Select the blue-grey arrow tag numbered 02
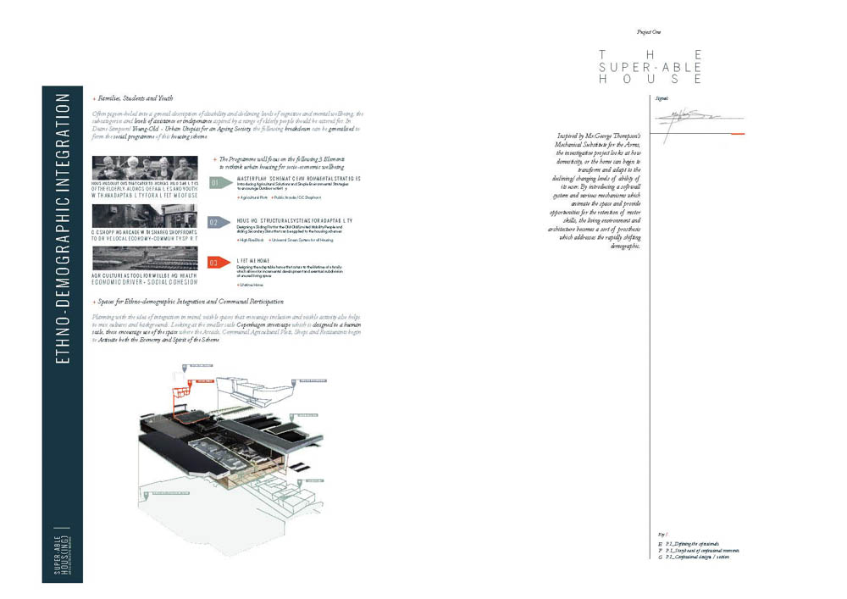pyautogui.click(x=216, y=222)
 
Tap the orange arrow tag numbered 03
pyautogui.click(x=216, y=263)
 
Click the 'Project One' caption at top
pyautogui.click(x=649, y=31)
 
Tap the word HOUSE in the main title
pyautogui.click(x=650, y=79)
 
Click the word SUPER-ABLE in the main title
pyautogui.click(x=650, y=66)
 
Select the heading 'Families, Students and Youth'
pyautogui.click(x=136, y=99)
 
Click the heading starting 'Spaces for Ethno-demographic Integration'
pyautogui.click(x=191, y=302)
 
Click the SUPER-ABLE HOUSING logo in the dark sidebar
pyautogui.click(x=62, y=555)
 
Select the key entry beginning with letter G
pyautogui.click(x=699, y=557)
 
